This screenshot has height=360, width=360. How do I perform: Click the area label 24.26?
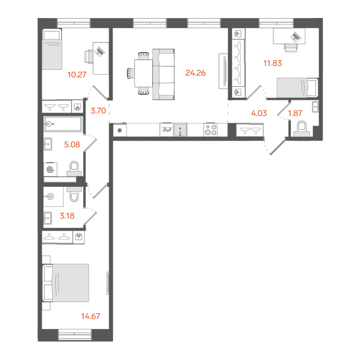pyautogui.click(x=195, y=72)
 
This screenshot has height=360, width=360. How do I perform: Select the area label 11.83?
pyautogui.click(x=272, y=63)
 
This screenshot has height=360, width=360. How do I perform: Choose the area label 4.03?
pyautogui.click(x=259, y=113)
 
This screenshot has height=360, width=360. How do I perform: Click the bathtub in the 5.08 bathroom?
pyautogui.click(x=63, y=124)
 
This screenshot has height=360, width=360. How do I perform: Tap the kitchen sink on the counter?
pyautogui.click(x=180, y=130)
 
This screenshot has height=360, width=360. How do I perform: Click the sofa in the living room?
pyautogui.click(x=164, y=75)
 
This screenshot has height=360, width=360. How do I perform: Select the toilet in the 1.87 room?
pyautogui.click(x=301, y=128)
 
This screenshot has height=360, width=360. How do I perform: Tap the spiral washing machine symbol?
pyautogui.click(x=50, y=170)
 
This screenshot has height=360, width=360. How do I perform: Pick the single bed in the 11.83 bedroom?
pyautogui.click(x=297, y=87)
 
